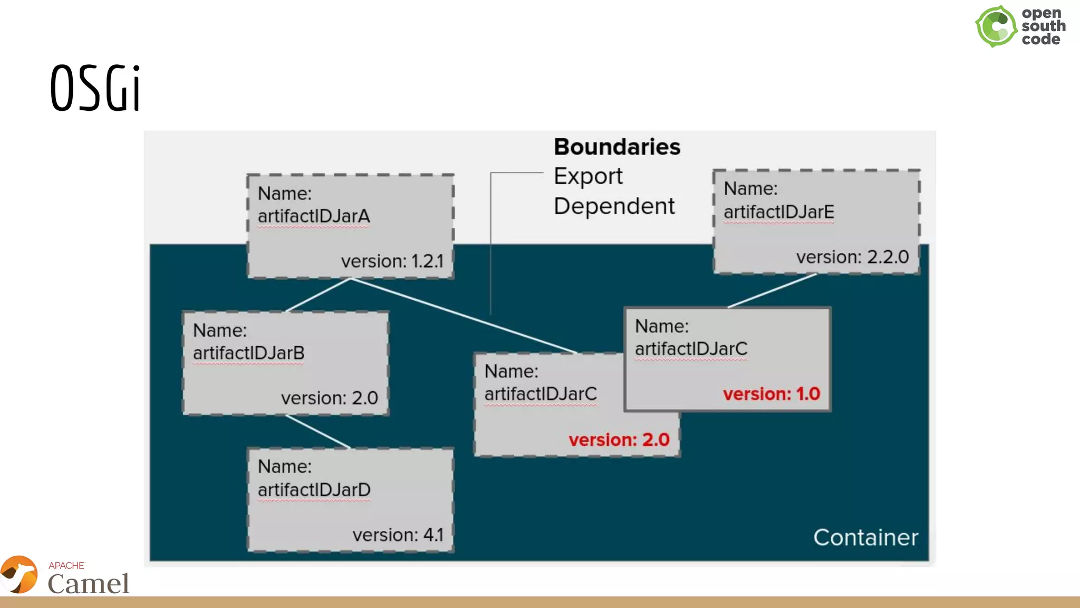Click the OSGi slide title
coord(95,88)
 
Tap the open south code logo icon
coord(996,26)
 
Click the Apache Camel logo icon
coord(20,575)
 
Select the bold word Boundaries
coord(616,147)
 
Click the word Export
coord(588,176)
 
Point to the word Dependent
coord(614,206)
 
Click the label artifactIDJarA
coord(314,216)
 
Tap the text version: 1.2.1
coord(392,261)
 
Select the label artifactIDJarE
coord(778,212)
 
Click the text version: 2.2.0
coord(852,257)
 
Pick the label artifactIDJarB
coord(248,353)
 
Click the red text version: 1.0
coord(771,394)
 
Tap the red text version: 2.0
coord(619,440)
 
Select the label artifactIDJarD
coord(314,490)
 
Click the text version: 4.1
coord(398,535)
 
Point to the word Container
coord(865,538)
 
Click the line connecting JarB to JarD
coord(318,432)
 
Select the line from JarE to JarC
coord(772,290)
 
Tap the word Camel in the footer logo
coord(88,584)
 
